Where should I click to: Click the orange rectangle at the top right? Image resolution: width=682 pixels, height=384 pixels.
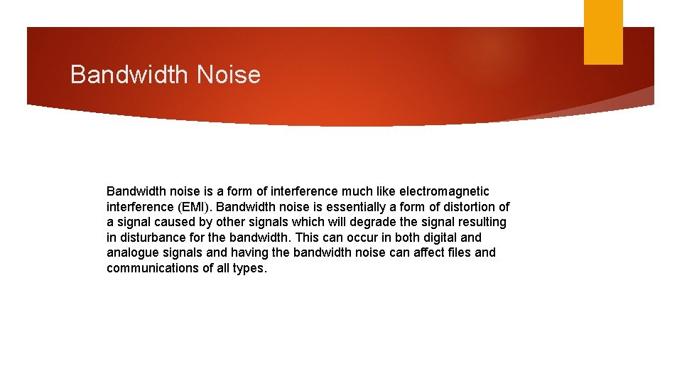(603, 32)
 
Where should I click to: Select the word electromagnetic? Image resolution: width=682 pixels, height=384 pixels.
(444, 191)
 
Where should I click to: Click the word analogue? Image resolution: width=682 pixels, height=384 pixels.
(132, 252)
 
